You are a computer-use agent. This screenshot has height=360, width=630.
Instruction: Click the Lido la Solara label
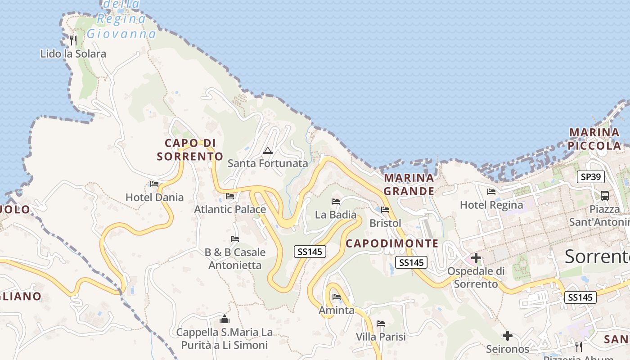73,54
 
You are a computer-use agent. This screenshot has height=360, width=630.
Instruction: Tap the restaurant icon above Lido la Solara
73,40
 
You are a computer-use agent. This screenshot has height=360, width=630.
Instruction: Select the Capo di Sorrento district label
189,150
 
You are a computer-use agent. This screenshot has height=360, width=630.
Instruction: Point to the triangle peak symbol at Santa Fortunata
268,150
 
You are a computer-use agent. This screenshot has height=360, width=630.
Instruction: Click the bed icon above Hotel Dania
154,184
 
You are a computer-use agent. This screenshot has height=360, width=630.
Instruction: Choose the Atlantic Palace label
230,209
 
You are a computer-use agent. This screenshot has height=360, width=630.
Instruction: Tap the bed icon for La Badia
335,201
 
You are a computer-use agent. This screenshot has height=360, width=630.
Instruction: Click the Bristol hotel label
385,223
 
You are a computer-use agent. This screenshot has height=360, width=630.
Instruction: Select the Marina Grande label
409,184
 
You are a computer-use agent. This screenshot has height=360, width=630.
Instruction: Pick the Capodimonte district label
392,244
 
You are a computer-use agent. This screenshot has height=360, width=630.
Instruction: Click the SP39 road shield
590,177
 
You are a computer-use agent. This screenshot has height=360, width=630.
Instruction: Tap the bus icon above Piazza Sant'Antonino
605,196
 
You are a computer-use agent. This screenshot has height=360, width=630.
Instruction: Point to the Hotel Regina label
491,205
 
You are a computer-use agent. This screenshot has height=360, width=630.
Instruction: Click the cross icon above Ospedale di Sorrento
476,258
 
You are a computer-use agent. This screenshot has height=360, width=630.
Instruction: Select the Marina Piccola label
594,139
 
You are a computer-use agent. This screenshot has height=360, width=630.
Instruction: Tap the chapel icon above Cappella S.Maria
224,319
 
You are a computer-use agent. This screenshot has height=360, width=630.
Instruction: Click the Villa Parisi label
381,337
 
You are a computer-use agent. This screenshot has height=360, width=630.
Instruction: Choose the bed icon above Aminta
336,297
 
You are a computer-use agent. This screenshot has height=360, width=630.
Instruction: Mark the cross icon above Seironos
508,336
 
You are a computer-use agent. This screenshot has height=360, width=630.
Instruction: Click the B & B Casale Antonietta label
235,259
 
